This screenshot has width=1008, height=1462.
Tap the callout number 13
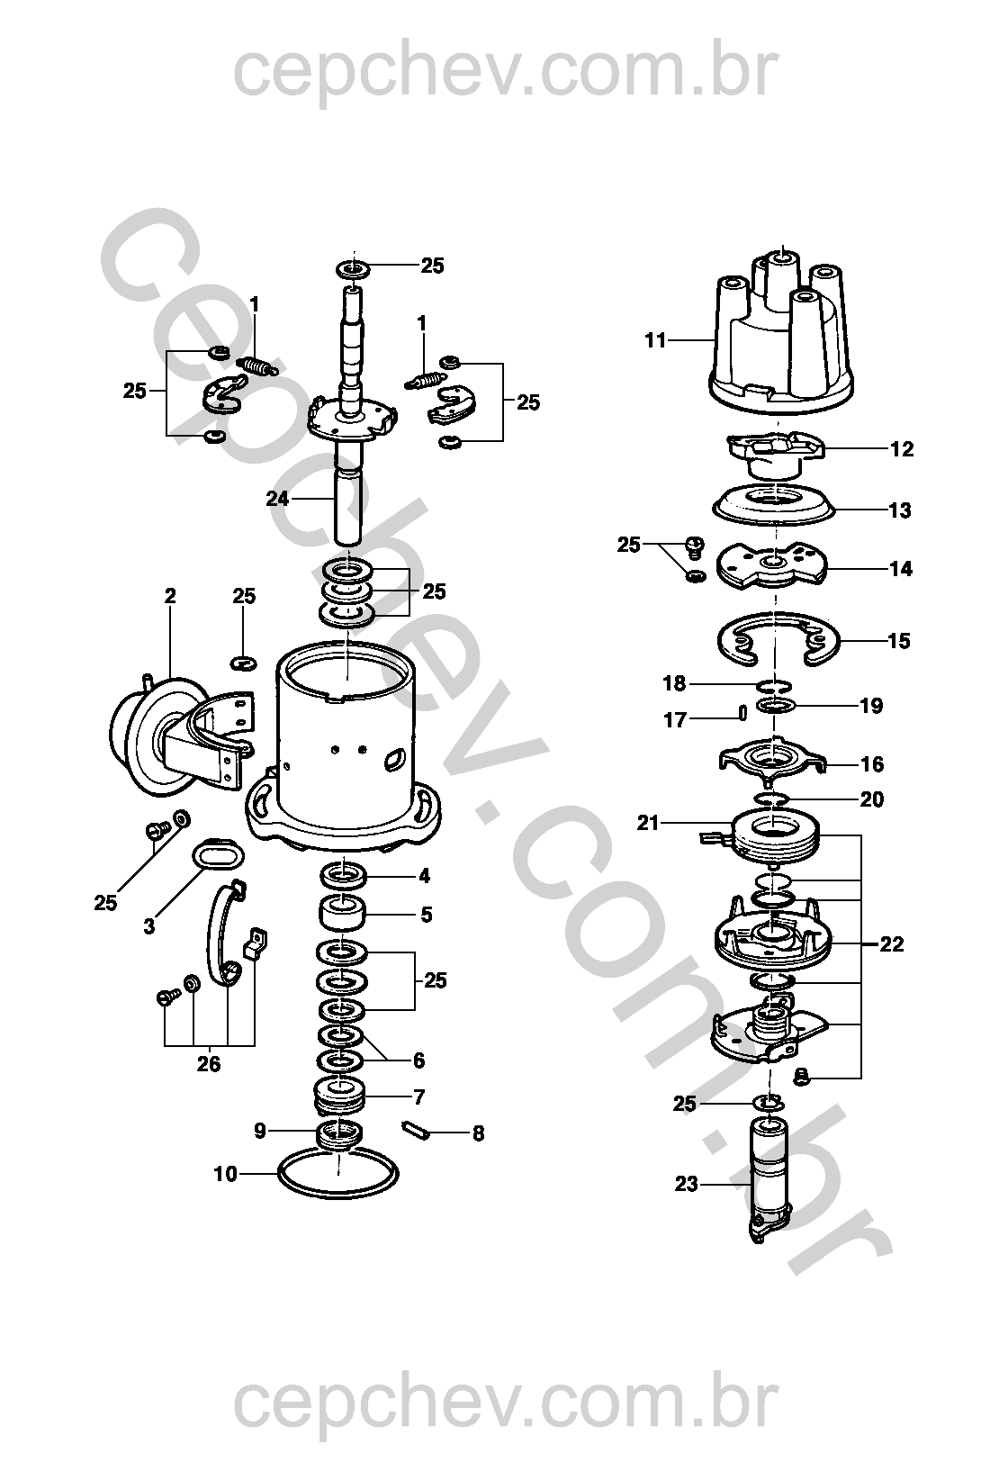point(900,510)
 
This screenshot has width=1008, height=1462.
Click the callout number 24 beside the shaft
point(277,498)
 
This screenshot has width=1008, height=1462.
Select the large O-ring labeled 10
point(337,1175)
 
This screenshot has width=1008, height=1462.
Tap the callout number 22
point(892,944)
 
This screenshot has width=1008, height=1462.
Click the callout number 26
point(209,1064)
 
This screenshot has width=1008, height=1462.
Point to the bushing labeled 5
point(341,915)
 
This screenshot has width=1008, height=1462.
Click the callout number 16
point(872,764)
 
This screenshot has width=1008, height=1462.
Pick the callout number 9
point(260,1131)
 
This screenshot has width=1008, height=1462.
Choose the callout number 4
point(424,876)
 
